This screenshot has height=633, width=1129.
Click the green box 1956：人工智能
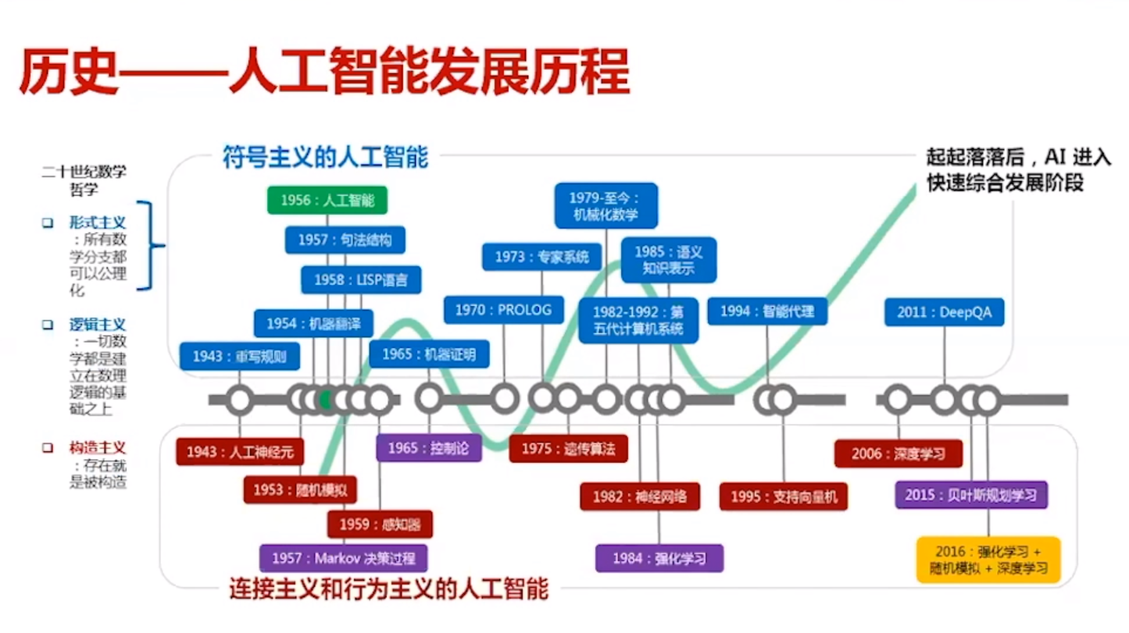click(327, 201)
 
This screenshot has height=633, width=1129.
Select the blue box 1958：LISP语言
click(360, 279)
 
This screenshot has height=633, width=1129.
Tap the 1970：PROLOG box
click(503, 310)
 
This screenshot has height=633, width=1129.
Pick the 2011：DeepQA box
click(944, 312)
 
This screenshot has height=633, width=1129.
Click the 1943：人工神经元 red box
click(239, 452)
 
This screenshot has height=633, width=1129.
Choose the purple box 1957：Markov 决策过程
click(343, 558)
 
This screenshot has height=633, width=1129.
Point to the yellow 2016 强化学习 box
click(988, 560)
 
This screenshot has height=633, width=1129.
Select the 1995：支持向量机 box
click(784, 496)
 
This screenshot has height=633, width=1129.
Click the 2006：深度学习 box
click(898, 453)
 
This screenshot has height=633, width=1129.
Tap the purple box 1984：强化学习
click(659, 558)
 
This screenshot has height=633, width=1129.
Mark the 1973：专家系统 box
click(541, 256)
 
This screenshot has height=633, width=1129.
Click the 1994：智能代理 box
click(766, 311)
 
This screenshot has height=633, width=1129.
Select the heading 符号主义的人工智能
click(325, 158)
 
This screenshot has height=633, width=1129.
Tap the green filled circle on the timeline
click(327, 400)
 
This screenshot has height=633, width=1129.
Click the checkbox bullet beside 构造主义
click(48, 448)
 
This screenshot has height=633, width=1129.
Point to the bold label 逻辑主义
click(97, 324)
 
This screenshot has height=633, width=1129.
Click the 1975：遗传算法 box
click(568, 449)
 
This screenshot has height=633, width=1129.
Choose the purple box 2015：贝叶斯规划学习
click(971, 495)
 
